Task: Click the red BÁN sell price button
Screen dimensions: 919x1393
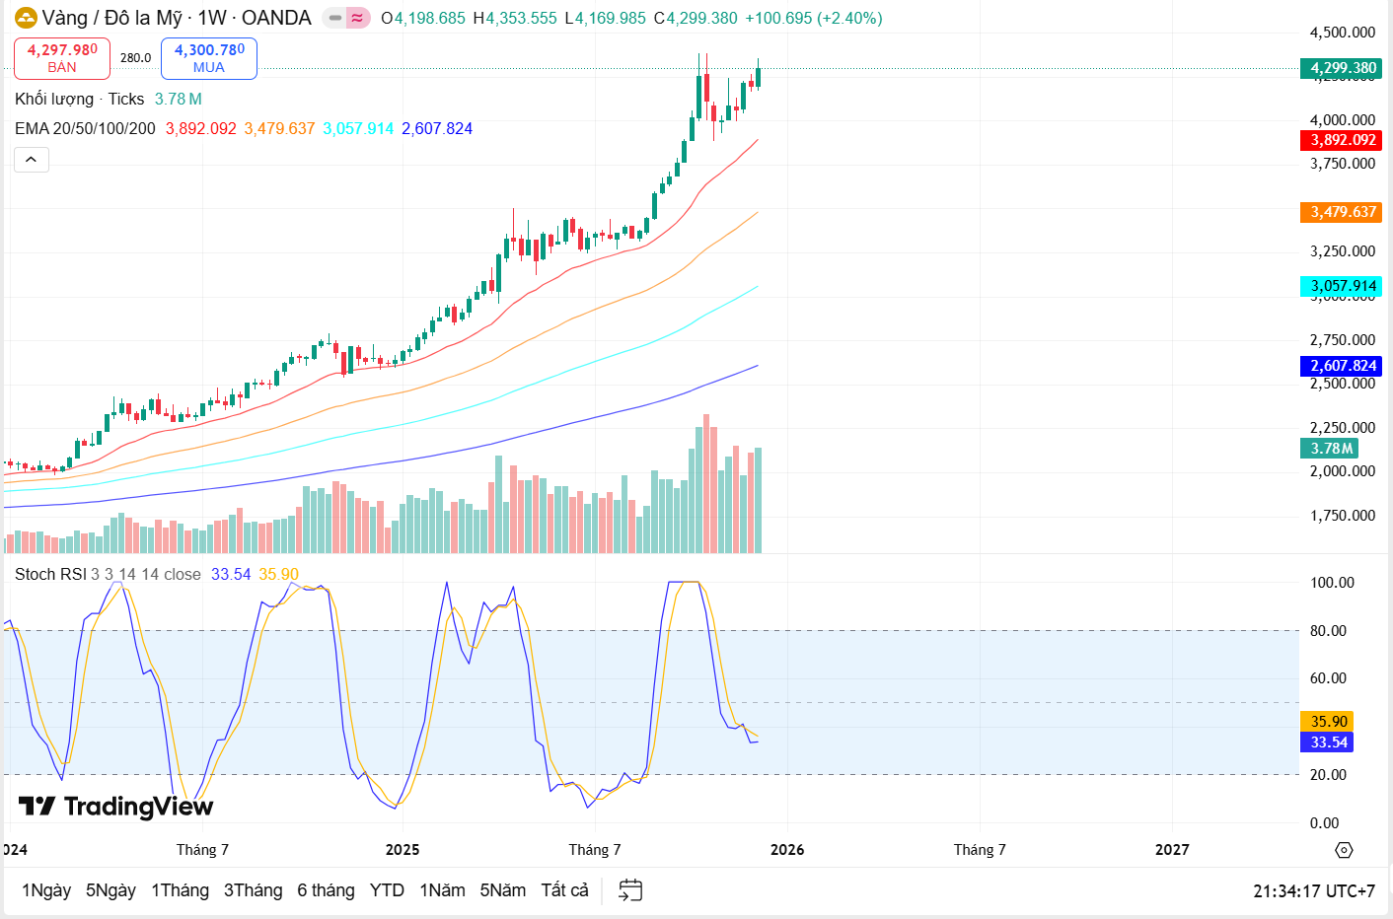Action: (x=62, y=58)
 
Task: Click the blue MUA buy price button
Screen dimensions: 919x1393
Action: (x=209, y=58)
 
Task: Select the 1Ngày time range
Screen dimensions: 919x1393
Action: (x=46, y=890)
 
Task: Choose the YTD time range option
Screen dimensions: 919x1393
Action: (x=387, y=890)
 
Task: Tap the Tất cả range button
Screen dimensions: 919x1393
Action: (x=564, y=890)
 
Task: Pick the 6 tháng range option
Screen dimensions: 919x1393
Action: (x=326, y=890)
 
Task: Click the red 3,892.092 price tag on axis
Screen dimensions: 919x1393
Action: (x=1342, y=140)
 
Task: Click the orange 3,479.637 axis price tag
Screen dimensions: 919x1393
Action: (x=1342, y=212)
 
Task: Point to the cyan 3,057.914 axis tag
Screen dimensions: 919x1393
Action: (x=1342, y=286)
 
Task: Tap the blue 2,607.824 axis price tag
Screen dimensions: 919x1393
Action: (x=1342, y=366)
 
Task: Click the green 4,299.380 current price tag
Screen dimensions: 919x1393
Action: (x=1342, y=68)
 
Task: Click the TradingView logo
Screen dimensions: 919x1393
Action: (x=116, y=807)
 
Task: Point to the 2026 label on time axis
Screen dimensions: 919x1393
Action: (x=787, y=850)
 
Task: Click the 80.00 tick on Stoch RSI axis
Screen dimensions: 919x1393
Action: (x=1328, y=631)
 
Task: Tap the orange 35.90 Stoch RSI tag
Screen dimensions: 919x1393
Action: (x=1328, y=722)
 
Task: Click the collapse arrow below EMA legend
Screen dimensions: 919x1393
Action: (x=32, y=160)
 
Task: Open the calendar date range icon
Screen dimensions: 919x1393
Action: (x=630, y=890)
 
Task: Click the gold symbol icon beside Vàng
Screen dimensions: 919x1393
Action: (x=26, y=18)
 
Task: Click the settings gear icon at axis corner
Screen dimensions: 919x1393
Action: (x=1344, y=850)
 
